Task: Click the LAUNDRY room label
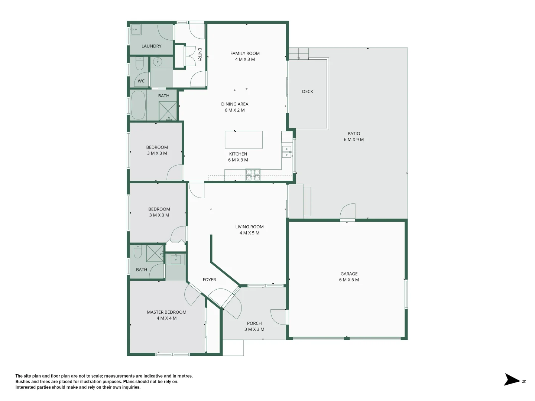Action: (x=151, y=46)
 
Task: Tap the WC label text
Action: (x=141, y=81)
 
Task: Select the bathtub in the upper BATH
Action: (x=138, y=105)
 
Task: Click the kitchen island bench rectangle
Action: (x=244, y=140)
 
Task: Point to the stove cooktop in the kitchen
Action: (x=253, y=175)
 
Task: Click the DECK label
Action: (x=308, y=91)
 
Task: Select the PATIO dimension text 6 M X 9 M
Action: (x=354, y=140)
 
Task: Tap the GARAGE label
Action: (x=349, y=274)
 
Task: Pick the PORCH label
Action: (x=254, y=323)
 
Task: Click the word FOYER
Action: (x=209, y=280)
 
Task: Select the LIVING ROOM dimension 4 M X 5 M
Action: (x=249, y=233)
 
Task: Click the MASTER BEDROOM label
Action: (x=166, y=312)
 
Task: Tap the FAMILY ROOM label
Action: (x=245, y=53)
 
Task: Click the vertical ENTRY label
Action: (x=200, y=55)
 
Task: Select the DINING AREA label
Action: (x=234, y=104)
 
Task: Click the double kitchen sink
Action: (x=286, y=152)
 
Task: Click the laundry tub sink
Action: (x=135, y=29)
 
